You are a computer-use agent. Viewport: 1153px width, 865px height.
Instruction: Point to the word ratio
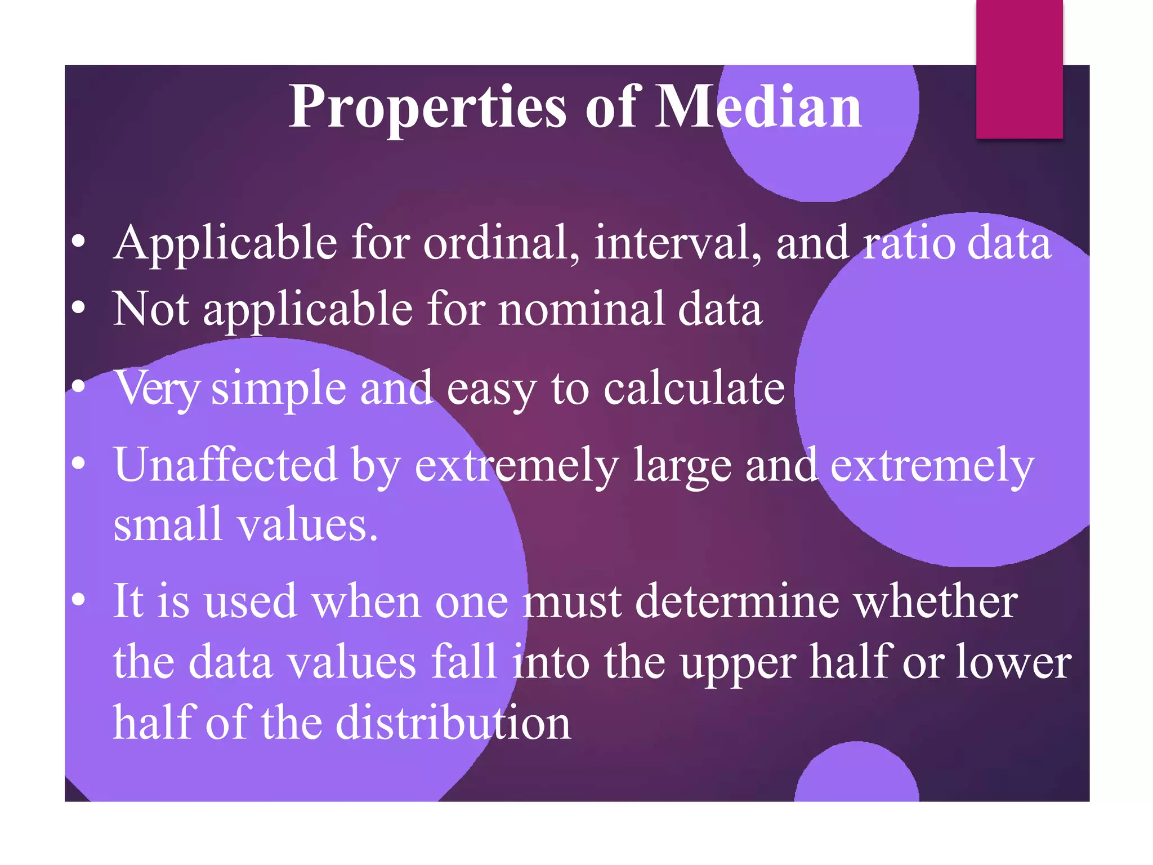point(909,243)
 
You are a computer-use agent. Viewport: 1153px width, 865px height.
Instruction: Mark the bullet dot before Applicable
point(79,242)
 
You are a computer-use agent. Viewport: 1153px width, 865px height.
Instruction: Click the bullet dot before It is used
point(79,600)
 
